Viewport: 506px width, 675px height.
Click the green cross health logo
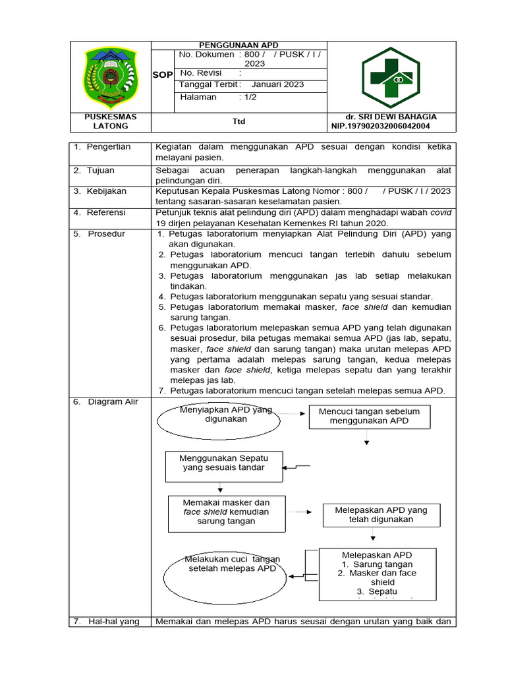point(391,76)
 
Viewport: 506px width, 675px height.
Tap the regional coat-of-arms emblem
point(110,76)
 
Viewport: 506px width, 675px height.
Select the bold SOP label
point(162,75)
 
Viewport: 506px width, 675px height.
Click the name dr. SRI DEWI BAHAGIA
point(395,117)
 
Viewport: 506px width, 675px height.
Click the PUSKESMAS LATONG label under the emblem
point(110,121)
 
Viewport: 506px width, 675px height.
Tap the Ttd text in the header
point(239,121)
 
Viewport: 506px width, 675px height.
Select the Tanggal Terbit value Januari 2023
point(277,84)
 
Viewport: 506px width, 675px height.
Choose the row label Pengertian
point(108,146)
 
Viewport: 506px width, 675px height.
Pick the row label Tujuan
point(100,170)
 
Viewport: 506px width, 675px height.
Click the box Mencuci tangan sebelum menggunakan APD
point(369,417)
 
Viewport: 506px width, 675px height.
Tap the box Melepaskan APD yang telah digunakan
point(381,515)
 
